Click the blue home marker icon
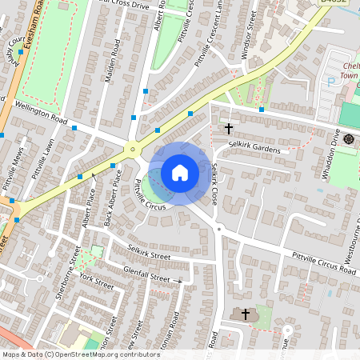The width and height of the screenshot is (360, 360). (x=180, y=173)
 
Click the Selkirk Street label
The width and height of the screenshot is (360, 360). (x=149, y=254)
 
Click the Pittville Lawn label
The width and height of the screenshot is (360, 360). (x=42, y=160)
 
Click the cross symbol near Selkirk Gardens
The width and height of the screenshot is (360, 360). (x=228, y=128)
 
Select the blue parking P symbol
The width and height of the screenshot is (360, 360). (x=330, y=82)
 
